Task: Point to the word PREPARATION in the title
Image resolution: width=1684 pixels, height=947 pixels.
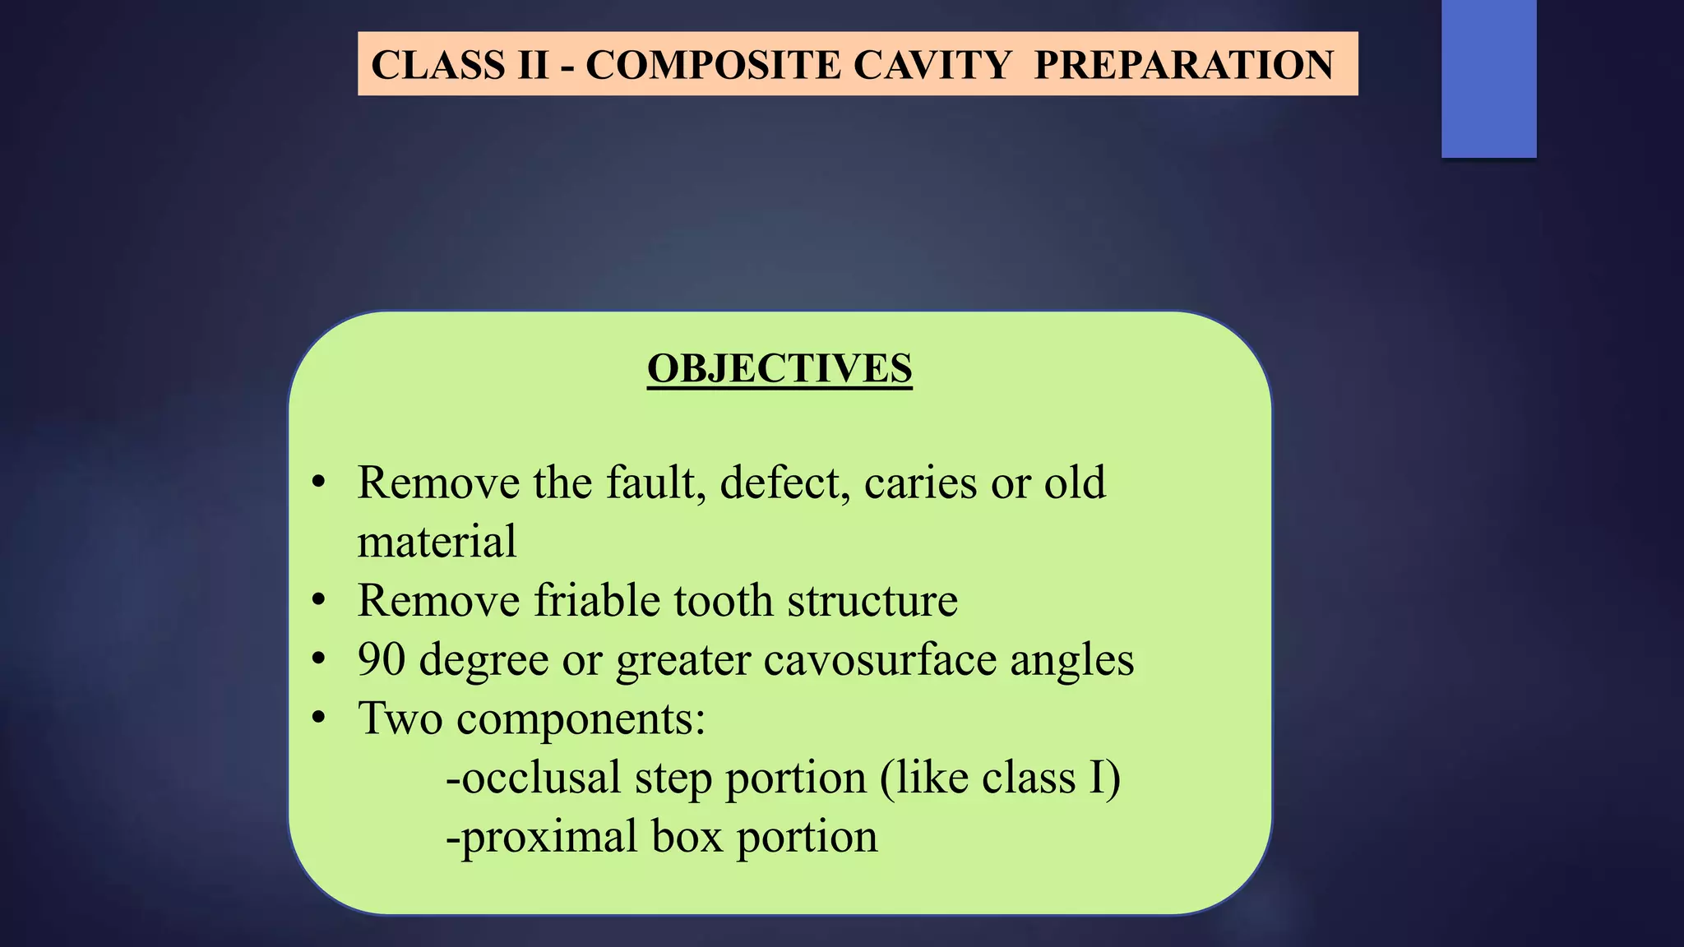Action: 1184,65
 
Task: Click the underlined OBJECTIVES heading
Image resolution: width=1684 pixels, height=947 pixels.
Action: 780,368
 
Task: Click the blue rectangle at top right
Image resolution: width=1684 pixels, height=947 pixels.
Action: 1488,78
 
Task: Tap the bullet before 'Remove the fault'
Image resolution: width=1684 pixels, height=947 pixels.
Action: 319,483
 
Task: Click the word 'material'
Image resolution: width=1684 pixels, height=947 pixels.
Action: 437,542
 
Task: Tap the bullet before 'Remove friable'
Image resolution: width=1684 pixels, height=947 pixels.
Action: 319,601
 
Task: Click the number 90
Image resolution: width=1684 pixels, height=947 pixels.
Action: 382,660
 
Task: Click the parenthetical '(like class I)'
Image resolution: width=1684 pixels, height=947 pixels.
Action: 1000,778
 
